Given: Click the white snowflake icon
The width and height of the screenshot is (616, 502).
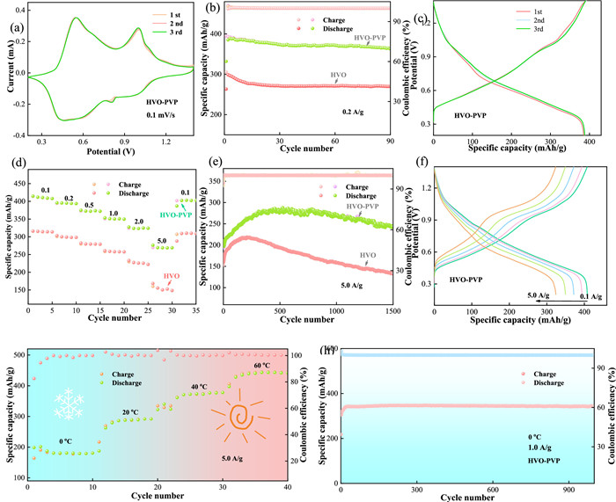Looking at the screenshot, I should (x=69, y=405).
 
